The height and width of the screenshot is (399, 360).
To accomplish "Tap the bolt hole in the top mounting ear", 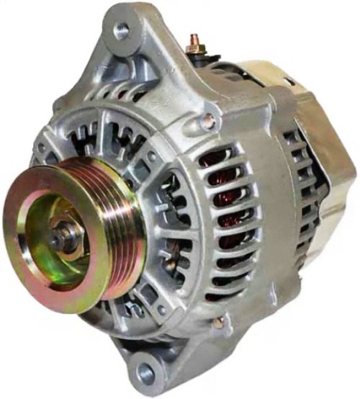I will click(x=122, y=30).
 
